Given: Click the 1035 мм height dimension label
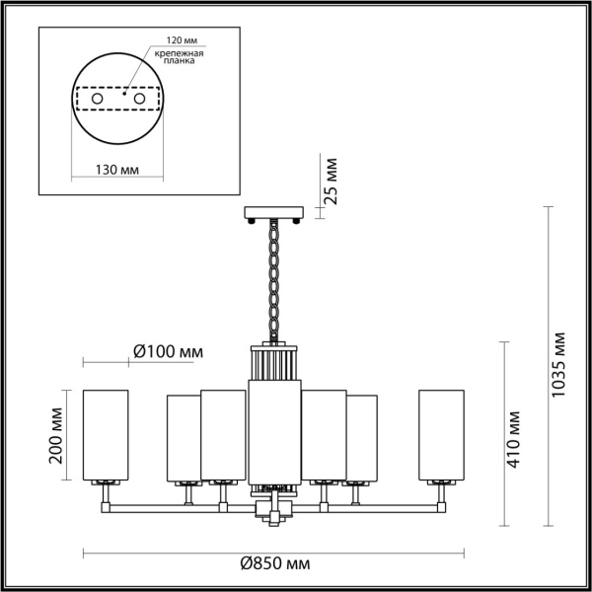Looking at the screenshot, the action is pos(558,364).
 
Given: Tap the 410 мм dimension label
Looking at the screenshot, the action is pos(513,439).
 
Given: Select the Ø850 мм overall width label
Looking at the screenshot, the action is pos(275,564).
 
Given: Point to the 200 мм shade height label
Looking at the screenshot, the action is pos(55,435).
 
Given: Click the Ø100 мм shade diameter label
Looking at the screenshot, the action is pos(169,352).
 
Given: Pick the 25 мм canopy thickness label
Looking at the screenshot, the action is pos(330,182).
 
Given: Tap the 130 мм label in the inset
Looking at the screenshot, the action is pos(116,170).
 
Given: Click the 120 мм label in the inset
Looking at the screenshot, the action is pos(183,40).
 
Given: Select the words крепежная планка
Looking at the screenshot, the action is pos(179,57).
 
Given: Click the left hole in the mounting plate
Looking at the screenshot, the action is pos(97,99).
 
